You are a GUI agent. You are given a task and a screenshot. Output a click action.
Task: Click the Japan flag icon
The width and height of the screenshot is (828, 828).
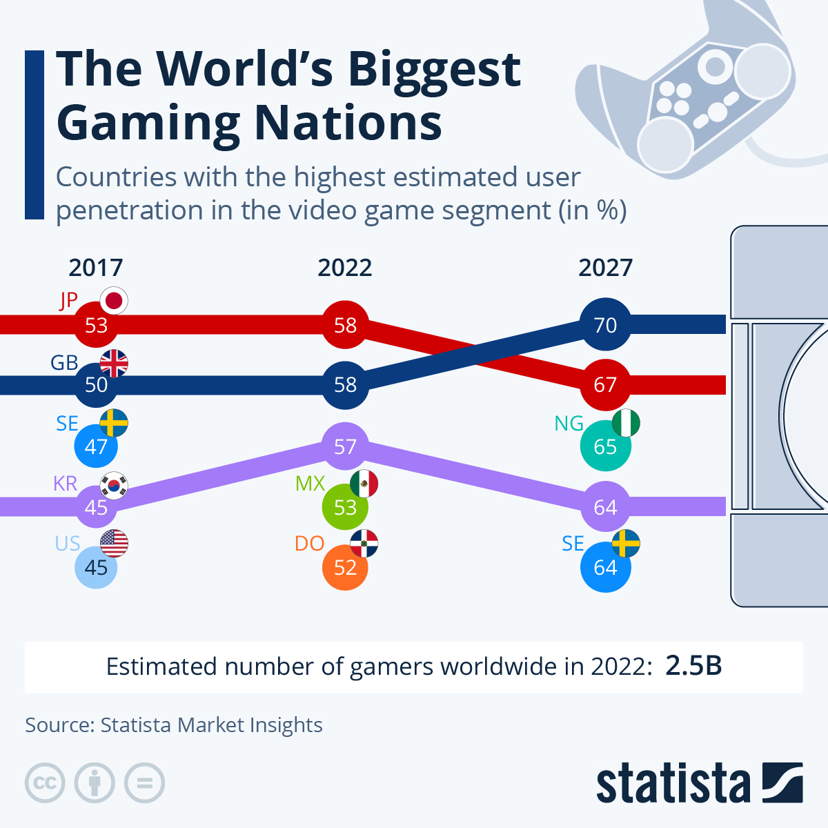tap(114, 301)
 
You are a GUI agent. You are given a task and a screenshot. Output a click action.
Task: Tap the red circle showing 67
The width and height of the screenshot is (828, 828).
tap(605, 384)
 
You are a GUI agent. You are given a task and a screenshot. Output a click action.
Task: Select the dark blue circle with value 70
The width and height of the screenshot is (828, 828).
tap(605, 324)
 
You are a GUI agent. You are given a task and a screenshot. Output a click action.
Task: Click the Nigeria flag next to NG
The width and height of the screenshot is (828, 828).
tap(626, 423)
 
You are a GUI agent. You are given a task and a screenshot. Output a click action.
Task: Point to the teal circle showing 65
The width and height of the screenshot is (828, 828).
tap(605, 446)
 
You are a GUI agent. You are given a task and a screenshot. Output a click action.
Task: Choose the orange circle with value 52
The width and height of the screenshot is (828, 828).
tap(345, 567)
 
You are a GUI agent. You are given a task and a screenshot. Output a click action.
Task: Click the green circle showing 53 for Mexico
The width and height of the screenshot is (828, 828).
tap(345, 507)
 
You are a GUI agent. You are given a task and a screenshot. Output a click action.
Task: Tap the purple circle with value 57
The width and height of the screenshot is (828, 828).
tap(345, 446)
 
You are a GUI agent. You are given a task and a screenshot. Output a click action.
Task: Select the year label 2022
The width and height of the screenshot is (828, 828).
tap(345, 268)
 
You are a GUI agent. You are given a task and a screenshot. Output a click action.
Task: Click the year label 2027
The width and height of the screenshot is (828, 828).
tap(605, 268)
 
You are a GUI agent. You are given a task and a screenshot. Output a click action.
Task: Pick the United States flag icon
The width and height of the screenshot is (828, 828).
tap(114, 544)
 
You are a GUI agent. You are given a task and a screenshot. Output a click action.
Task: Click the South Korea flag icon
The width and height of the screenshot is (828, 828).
tap(114, 484)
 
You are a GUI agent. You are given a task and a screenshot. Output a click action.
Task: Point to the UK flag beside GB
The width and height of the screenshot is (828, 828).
tap(114, 363)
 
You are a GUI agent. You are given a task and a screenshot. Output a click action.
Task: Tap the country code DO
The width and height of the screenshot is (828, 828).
tap(309, 544)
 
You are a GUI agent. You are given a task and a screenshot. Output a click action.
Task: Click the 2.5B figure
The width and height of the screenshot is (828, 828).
tap(693, 667)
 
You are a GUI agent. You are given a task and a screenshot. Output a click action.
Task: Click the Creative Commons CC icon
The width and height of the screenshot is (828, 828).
tap(45, 783)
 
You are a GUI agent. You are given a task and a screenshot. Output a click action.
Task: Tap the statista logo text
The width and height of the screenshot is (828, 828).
tap(673, 784)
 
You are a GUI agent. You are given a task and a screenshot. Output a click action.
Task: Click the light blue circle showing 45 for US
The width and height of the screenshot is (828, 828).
tap(96, 567)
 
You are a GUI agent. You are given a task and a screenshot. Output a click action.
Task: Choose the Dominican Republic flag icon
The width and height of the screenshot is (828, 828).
tap(364, 544)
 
